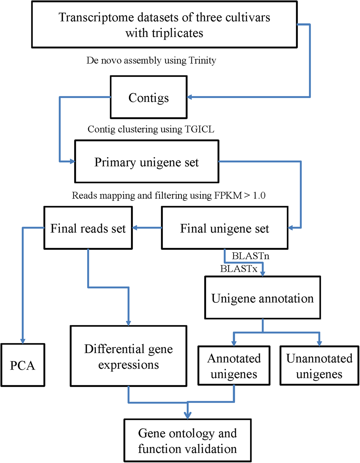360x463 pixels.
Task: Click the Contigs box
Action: pos(149,97)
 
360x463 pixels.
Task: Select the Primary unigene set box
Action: pos(147,162)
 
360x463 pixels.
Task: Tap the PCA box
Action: pos(23,365)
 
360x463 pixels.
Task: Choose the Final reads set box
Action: pos(88,228)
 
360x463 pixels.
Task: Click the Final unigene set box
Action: pos(225,228)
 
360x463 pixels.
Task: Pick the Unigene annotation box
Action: pos(262,298)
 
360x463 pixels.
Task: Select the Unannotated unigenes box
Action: pos(319,366)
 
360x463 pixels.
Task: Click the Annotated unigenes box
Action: pos(234,366)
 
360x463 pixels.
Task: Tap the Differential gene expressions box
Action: pos(129,356)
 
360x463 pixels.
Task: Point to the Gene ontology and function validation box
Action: pos(187,441)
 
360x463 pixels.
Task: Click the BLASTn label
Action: pos(251,256)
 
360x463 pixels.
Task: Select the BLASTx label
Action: pos(239,268)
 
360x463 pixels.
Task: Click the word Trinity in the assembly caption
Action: pos(202,60)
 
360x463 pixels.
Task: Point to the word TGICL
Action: pos(199,129)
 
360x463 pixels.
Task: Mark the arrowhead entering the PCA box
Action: pos(23,341)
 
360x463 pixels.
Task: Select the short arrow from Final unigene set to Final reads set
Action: pos(147,228)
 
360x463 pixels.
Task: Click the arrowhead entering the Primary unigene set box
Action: pos(72,162)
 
